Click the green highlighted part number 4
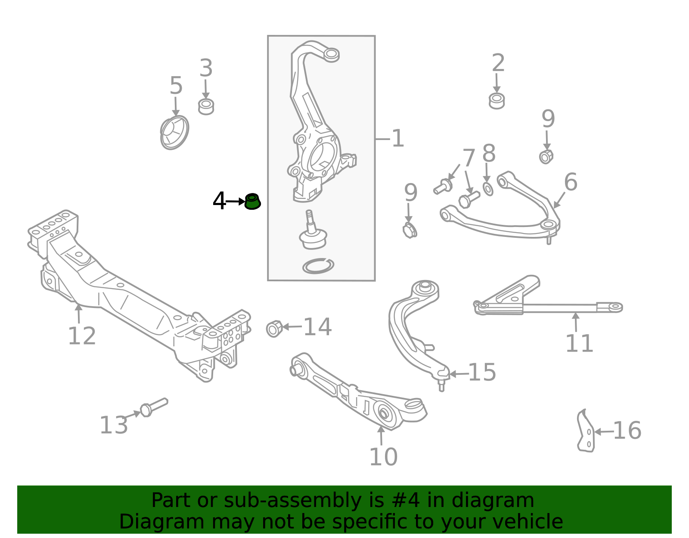click(252, 201)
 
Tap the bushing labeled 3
click(206, 106)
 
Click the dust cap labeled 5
click(174, 132)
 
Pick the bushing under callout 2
click(497, 101)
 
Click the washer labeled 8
click(487, 189)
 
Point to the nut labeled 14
click(274, 329)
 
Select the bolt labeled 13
click(154, 407)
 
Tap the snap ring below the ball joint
click(318, 266)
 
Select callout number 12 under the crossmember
click(82, 336)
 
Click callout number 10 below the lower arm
click(383, 457)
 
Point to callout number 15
click(482, 372)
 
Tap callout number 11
click(579, 343)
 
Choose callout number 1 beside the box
click(398, 138)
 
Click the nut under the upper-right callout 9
click(546, 157)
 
